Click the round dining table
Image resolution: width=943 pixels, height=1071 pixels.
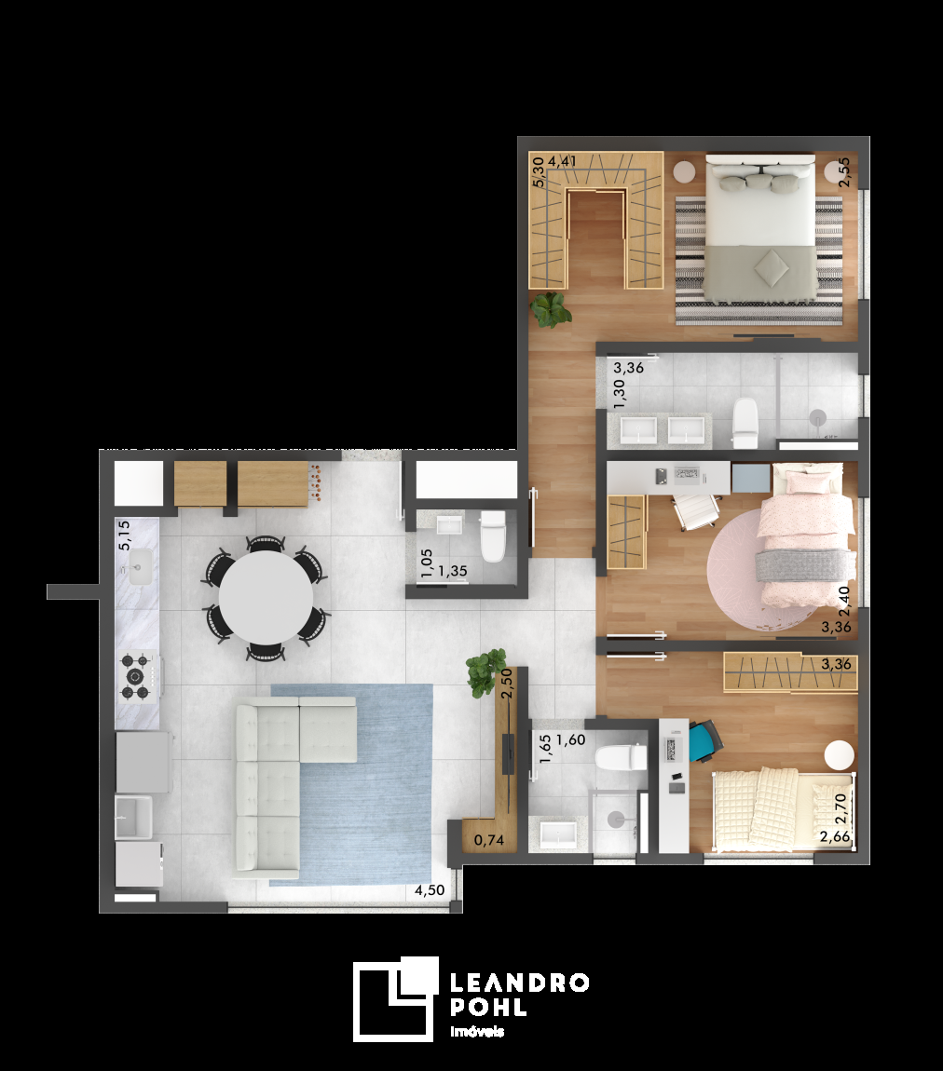(x=266, y=597)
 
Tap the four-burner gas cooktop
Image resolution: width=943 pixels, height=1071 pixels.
(x=135, y=677)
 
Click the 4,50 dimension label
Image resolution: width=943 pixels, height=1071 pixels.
(x=430, y=890)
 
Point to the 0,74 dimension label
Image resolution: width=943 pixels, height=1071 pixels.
(x=489, y=840)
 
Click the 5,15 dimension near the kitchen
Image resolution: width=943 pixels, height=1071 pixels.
(x=124, y=535)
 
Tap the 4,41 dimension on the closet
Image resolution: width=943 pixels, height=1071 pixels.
(x=563, y=161)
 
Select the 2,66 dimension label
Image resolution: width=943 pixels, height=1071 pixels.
(x=835, y=836)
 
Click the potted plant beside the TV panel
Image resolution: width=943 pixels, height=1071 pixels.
(x=486, y=672)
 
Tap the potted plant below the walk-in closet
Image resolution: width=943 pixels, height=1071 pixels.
(x=551, y=310)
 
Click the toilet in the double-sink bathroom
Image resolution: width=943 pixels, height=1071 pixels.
(x=745, y=424)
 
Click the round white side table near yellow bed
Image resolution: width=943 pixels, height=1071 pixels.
(x=840, y=755)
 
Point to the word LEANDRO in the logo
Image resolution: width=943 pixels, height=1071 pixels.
(x=519, y=983)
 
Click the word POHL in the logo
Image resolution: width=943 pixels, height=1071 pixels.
(x=488, y=1007)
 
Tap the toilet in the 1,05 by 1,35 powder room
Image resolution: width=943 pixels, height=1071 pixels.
(x=493, y=536)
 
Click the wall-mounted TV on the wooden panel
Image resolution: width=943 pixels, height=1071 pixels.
(x=508, y=753)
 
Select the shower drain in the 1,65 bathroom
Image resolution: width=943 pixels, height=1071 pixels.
(x=616, y=819)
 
